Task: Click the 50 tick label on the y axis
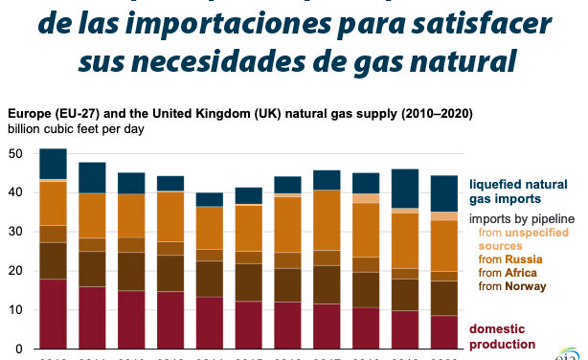click(x=17, y=154)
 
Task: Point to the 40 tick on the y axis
click(x=17, y=193)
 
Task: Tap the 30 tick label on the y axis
click(x=17, y=233)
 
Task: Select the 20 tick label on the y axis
click(x=17, y=272)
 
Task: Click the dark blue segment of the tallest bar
click(x=54, y=164)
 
